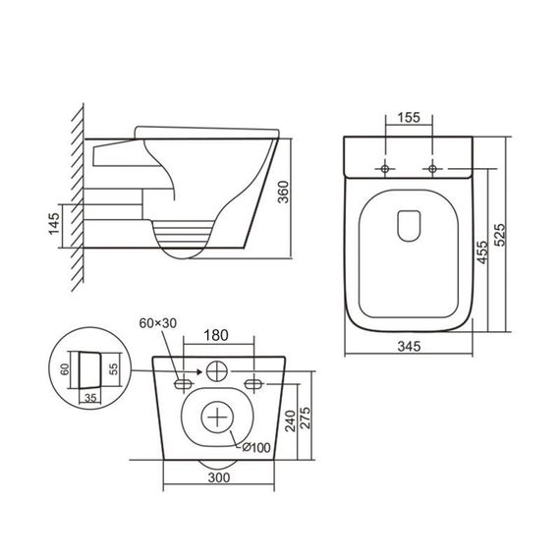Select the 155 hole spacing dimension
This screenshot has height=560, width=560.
[x=409, y=118]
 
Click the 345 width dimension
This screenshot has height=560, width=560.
[x=410, y=346]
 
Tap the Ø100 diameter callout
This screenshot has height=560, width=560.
[x=255, y=449]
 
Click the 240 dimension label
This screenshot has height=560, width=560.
[x=290, y=422]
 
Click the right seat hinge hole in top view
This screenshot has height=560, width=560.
[x=431, y=169]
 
